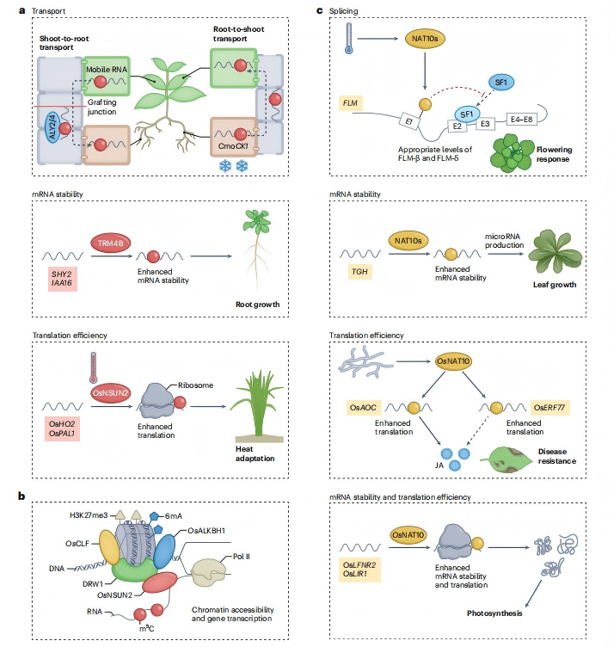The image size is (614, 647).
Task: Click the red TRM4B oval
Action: [x=111, y=243]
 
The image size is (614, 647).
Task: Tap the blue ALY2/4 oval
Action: [x=52, y=127]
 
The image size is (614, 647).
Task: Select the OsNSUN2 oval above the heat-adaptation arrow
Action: [x=111, y=393]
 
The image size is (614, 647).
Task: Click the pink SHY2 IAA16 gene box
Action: [x=62, y=279]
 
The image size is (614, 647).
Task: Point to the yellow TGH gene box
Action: [x=359, y=272]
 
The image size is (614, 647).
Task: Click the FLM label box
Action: [x=350, y=102]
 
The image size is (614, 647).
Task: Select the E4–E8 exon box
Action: [x=521, y=120]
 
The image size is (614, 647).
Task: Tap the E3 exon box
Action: [x=485, y=124]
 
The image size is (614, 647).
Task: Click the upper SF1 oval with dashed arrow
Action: [x=500, y=82]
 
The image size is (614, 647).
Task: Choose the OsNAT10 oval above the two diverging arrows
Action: [x=453, y=361]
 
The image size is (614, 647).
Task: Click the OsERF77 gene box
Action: [x=550, y=408]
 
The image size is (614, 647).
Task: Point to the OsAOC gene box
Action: [x=363, y=408]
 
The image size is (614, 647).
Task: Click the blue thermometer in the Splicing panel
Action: [x=349, y=39]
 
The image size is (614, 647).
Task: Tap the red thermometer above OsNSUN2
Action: [x=94, y=367]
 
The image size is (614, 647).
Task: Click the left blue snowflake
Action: [x=225, y=166]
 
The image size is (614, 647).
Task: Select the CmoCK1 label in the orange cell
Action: [x=233, y=146]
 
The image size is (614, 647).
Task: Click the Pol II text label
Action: [x=242, y=556]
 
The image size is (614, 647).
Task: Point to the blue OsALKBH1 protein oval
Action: [x=164, y=551]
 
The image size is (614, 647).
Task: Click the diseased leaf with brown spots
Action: [x=506, y=459]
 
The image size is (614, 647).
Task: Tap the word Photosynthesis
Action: [x=494, y=613]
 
